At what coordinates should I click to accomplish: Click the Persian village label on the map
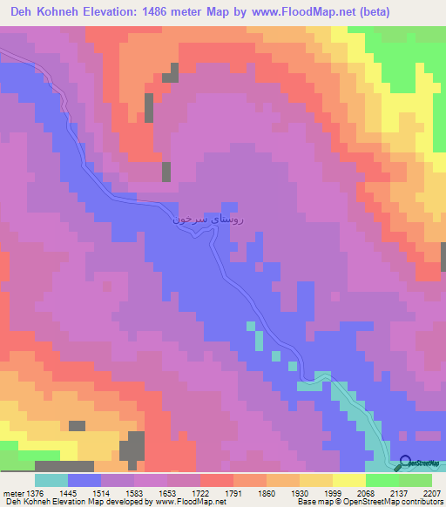point(209,220)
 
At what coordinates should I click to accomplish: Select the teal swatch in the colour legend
point(51,480)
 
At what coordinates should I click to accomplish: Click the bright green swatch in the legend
point(382,480)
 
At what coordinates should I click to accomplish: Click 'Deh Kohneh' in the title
point(44,12)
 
